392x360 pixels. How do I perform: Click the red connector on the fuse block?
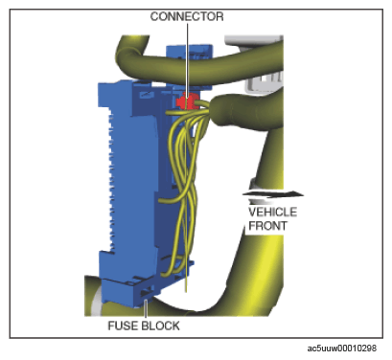[x=188, y=101]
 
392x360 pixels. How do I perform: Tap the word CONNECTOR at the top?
[x=187, y=16]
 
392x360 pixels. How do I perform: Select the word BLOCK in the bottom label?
[x=161, y=326]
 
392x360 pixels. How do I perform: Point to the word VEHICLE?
[x=272, y=213]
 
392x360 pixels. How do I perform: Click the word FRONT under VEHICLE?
[x=267, y=226]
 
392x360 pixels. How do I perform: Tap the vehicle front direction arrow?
[x=272, y=194]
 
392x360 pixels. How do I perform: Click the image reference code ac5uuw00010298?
[x=342, y=349]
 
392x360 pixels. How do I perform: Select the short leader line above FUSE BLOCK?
[x=146, y=309]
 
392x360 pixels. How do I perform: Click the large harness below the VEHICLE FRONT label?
[x=256, y=271]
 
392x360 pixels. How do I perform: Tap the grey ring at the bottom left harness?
[x=96, y=300]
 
